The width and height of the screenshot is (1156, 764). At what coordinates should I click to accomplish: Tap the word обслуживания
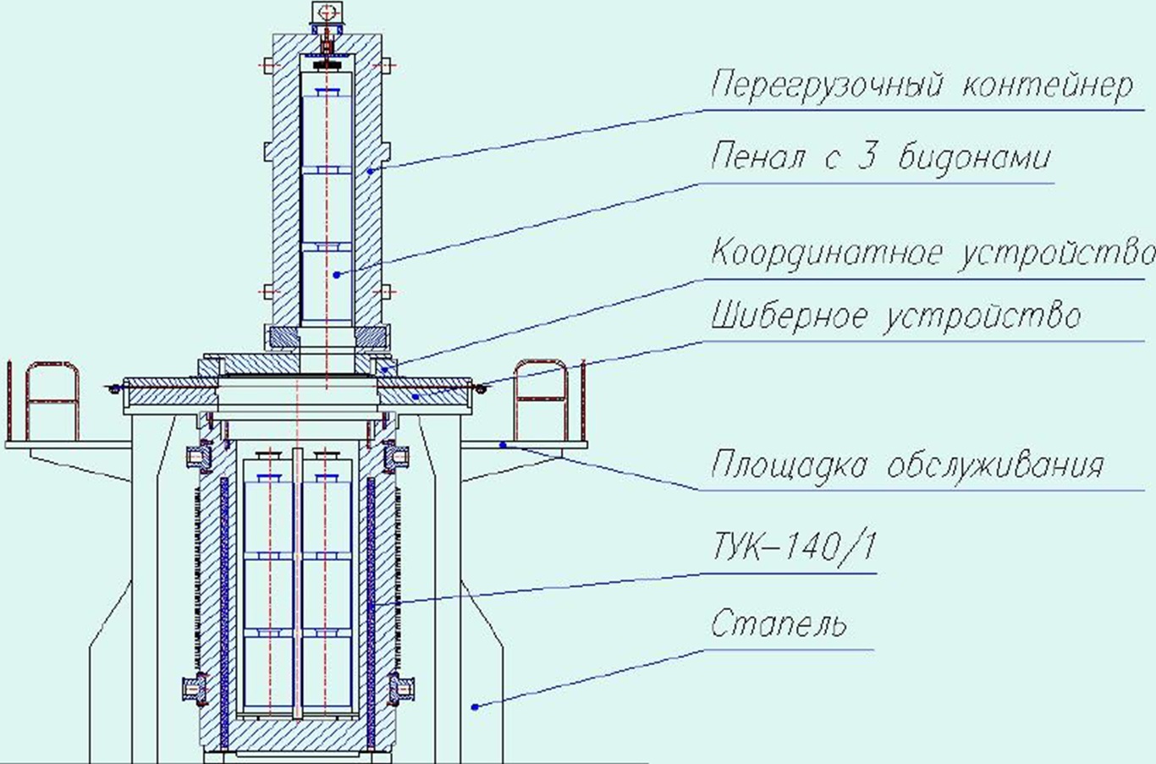coord(996,464)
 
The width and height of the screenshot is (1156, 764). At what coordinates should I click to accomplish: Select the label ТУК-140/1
coord(792,549)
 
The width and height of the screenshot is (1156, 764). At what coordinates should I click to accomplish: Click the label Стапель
coord(778,624)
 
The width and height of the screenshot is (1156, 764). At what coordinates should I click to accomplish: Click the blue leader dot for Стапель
coord(475,706)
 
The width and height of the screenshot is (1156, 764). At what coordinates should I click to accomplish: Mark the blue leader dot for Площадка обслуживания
coord(503,443)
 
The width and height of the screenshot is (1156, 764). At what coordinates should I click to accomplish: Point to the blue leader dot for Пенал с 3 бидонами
coord(336,274)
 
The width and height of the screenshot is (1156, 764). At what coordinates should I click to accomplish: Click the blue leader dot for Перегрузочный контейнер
coord(370,170)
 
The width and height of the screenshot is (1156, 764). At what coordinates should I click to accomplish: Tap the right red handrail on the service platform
coord(541,398)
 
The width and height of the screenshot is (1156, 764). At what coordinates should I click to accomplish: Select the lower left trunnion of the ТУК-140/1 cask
coord(197,690)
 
